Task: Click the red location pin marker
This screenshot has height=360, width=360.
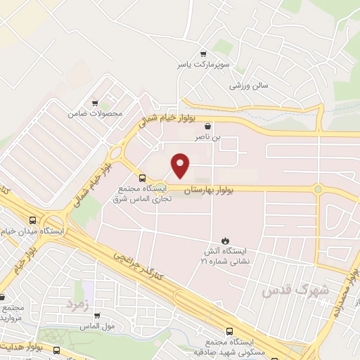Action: pos(181,165)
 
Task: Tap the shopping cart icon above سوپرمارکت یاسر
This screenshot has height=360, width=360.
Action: pos(203,54)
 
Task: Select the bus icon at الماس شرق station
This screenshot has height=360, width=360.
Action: pos(142,178)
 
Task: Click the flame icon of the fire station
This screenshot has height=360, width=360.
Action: pos(225,239)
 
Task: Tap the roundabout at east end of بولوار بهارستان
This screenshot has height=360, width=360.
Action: pos(318,188)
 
